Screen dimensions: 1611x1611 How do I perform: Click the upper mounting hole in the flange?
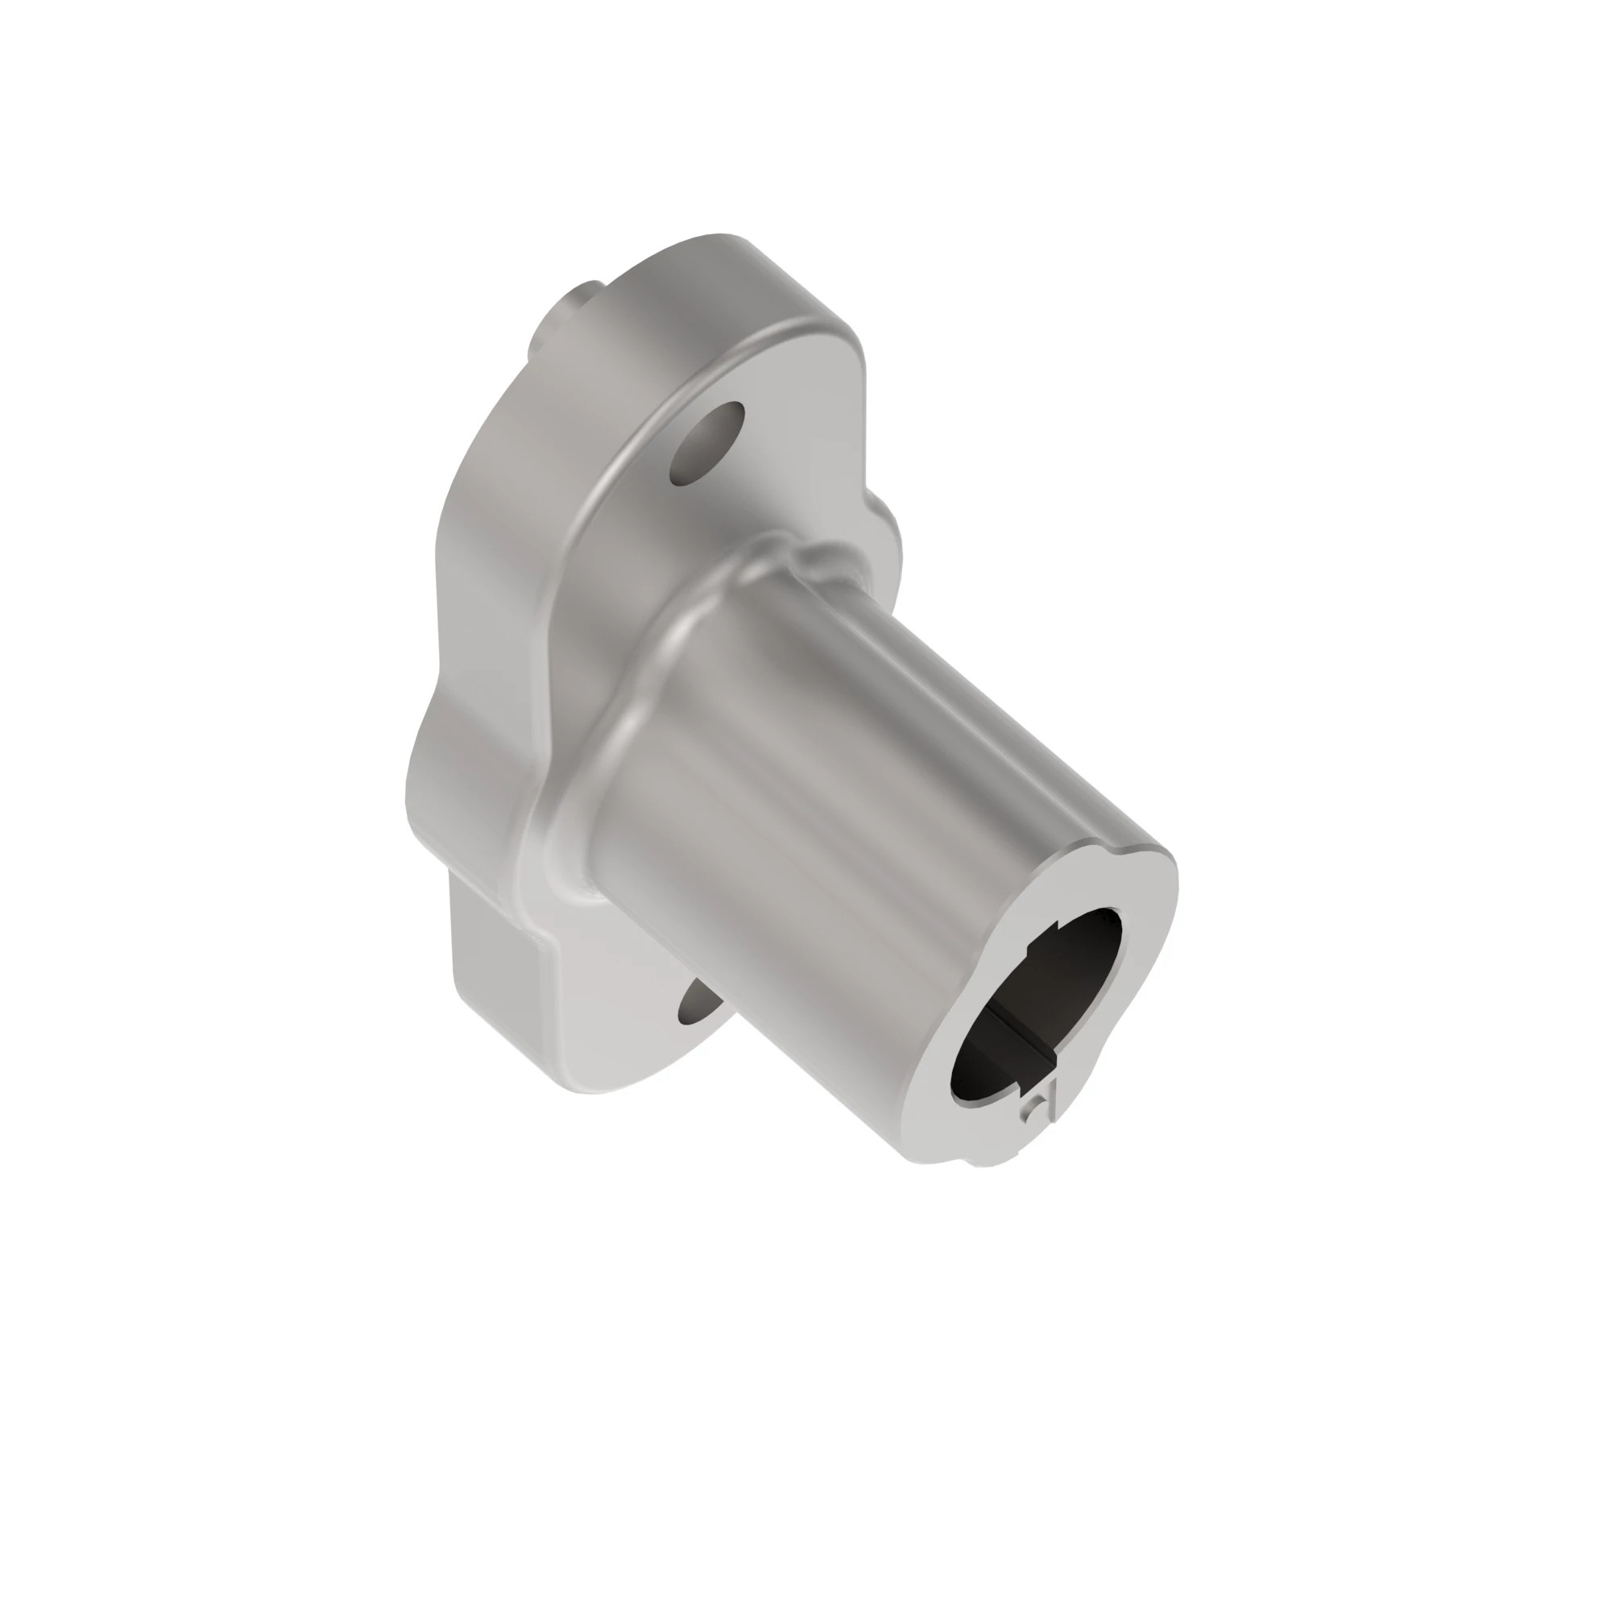tap(707, 444)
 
